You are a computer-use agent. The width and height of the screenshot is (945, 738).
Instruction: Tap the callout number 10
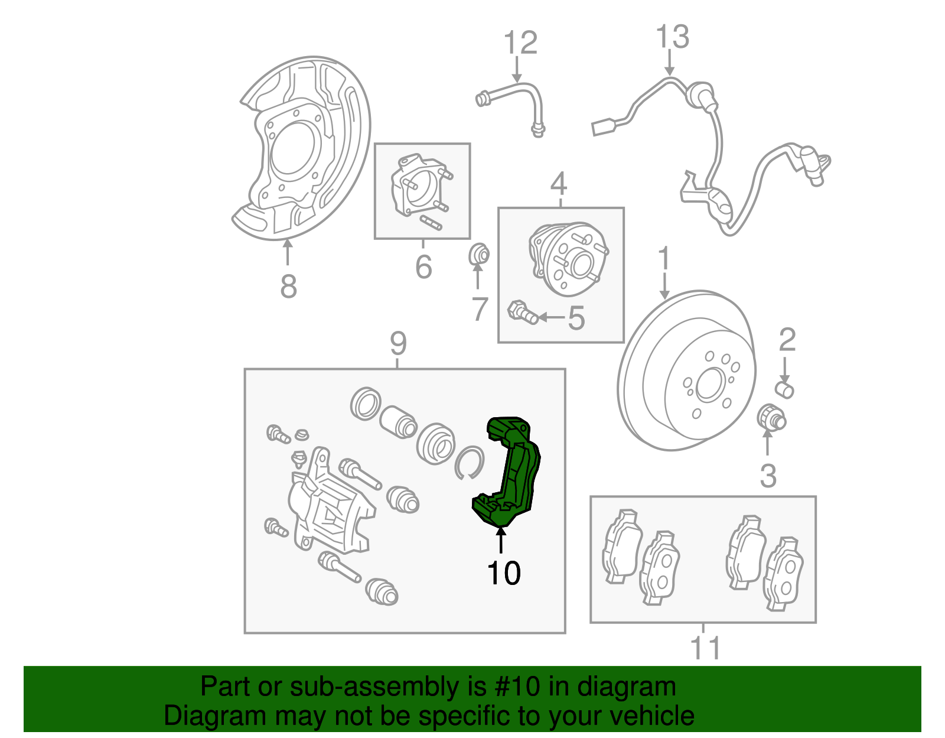[504, 573]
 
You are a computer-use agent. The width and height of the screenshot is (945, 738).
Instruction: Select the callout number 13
[672, 37]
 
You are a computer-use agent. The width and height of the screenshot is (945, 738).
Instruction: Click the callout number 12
[520, 43]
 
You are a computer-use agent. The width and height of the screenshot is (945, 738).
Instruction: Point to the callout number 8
[288, 287]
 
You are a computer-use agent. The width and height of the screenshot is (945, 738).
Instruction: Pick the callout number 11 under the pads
[705, 648]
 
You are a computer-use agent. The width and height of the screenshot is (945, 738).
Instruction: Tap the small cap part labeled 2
[784, 389]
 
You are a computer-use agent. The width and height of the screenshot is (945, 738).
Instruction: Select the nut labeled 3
[770, 418]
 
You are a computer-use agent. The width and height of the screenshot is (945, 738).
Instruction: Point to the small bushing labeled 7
[479, 255]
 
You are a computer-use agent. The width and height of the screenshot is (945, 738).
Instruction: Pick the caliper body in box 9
[328, 508]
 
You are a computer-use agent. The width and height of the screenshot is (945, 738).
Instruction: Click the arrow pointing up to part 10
[501, 540]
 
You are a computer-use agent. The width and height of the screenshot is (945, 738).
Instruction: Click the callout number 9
[398, 343]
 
